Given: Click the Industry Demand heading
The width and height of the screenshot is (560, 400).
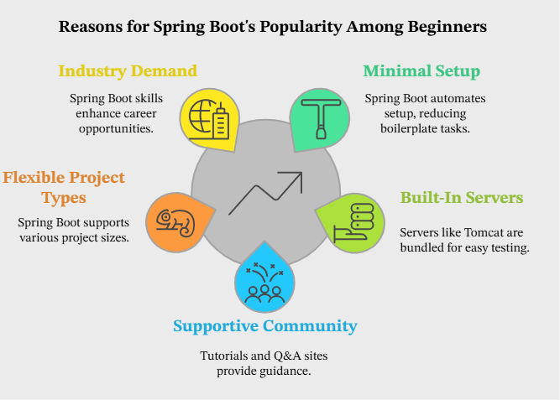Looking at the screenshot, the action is tap(128, 70).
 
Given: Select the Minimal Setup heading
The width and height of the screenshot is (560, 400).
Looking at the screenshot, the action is tap(421, 71).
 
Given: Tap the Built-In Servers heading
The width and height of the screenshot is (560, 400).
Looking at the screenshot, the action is tap(462, 198).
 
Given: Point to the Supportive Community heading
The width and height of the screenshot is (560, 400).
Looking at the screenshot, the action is tap(265, 326).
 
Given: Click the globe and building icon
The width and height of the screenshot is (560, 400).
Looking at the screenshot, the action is tap(209, 120).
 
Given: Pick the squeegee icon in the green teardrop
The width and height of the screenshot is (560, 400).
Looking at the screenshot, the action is tap(321, 118).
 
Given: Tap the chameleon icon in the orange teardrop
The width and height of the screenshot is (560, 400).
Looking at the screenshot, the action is tap(175, 223).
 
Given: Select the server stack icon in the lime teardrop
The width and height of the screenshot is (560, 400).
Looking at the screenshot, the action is tap(353, 223).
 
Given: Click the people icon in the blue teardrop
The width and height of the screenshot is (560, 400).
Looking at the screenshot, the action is tap(264, 283).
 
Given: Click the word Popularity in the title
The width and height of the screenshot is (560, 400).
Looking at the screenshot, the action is tap(301, 27).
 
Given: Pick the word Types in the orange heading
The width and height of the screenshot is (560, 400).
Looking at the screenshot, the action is tap(64, 199).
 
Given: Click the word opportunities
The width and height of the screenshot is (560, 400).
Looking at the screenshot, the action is tap(116, 129).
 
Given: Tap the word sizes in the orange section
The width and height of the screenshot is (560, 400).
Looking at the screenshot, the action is tap(117, 237).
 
